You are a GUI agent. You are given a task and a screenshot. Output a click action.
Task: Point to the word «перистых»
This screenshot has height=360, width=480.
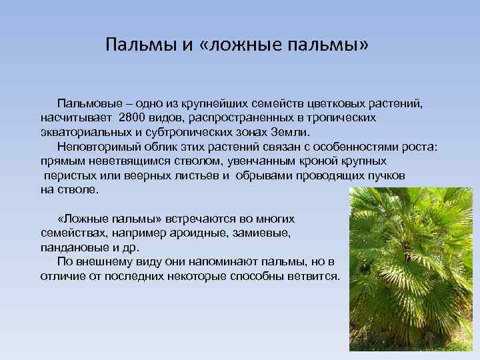tap(67, 175)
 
